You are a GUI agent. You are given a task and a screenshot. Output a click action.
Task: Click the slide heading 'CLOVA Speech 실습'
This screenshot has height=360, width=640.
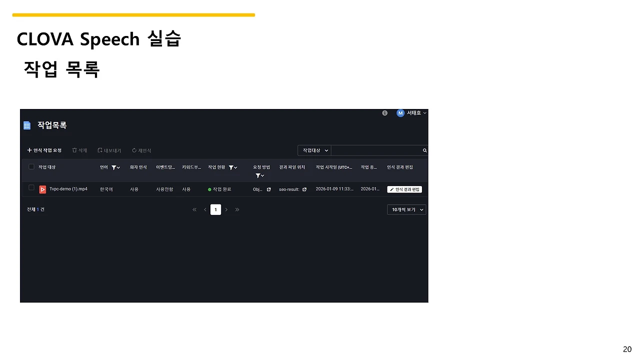point(98,39)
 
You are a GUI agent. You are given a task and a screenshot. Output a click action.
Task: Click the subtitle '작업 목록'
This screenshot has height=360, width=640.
point(61,69)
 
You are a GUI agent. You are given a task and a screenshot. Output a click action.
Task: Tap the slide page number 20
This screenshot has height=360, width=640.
point(627,349)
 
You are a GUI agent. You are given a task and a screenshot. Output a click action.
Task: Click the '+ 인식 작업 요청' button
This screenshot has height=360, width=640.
point(44,150)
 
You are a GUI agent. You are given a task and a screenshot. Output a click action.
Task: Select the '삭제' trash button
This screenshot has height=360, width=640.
point(79,150)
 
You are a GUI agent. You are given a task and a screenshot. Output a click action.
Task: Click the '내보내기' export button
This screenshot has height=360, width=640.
point(109,150)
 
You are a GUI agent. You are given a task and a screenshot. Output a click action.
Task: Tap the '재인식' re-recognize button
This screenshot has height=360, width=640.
point(141,150)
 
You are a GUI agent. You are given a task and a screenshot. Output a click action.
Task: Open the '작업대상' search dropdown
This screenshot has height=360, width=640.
point(314,150)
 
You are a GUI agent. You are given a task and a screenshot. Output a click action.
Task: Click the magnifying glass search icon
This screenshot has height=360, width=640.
point(424,150)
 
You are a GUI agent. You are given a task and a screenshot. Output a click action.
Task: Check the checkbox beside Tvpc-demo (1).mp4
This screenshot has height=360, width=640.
point(31,188)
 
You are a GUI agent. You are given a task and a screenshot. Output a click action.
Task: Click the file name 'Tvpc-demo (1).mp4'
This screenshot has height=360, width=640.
point(68,189)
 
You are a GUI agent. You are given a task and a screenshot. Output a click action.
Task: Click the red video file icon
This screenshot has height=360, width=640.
point(43,189)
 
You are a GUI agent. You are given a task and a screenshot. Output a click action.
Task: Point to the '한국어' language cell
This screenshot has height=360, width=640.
point(106,189)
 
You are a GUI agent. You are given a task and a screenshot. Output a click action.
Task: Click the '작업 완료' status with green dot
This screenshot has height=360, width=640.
point(219,189)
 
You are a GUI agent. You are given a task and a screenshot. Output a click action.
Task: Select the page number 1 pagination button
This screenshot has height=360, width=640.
point(215,209)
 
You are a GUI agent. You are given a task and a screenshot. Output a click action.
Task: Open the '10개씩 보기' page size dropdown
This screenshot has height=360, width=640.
point(406,209)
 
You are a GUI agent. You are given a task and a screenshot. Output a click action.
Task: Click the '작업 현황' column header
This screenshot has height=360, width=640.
point(217,167)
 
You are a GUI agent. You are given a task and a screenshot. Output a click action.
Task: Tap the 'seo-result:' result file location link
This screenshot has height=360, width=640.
point(289,189)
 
